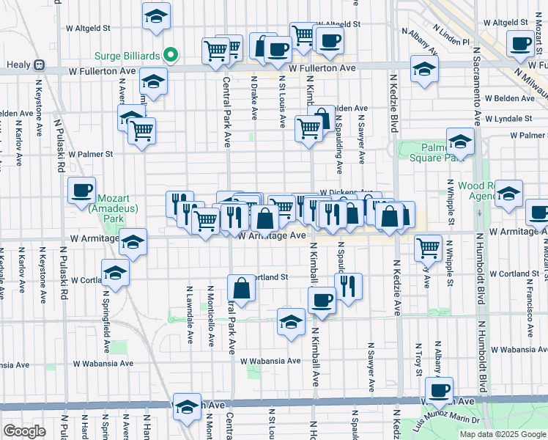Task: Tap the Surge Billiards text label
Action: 129,54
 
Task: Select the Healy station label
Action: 18,65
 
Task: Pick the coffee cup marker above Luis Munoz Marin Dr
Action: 439,390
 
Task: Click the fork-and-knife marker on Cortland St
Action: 348,285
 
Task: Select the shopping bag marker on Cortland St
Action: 242,287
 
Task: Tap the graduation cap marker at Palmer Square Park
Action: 460,140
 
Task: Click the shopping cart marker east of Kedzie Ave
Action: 428,246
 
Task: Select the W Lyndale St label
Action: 516,118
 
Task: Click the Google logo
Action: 25,430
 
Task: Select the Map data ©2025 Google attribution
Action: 503,434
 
